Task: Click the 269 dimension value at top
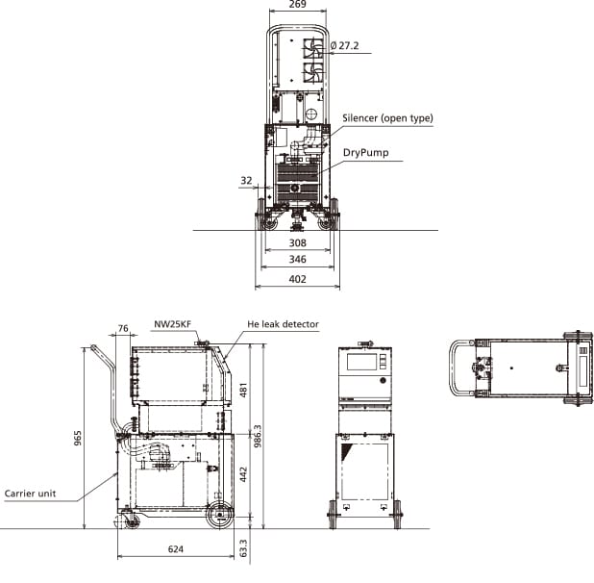tap(297, 6)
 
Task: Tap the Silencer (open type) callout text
tap(387, 118)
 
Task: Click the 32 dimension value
tap(247, 180)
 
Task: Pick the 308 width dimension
tap(297, 243)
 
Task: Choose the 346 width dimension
tap(297, 261)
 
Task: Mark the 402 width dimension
tap(297, 279)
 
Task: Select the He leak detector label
tap(283, 325)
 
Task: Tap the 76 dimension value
tap(122, 330)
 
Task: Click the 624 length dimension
tap(175, 549)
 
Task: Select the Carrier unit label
tap(30, 493)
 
